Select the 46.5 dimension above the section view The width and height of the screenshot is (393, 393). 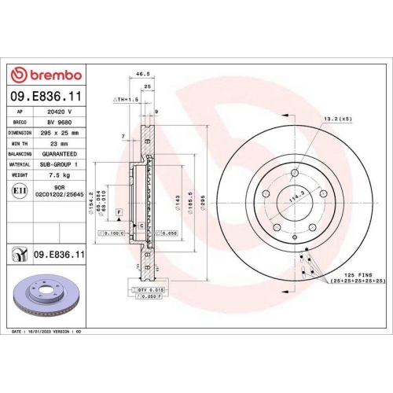pyautogui.click(x=143, y=73)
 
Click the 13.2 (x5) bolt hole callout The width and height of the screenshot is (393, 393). pyautogui.click(x=337, y=118)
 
